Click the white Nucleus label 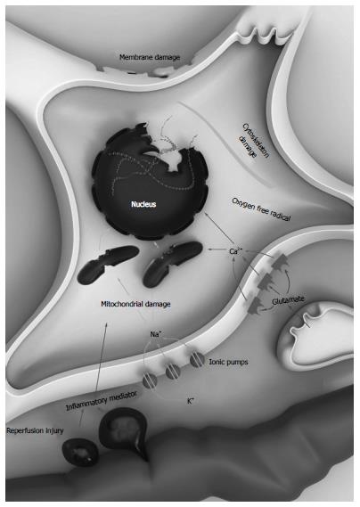coord(143,204)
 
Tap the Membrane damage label coord(150,57)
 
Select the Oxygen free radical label coord(261,209)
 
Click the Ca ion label coord(234,251)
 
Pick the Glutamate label coord(288,300)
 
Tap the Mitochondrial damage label coord(135,304)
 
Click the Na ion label coord(155,334)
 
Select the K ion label coord(191,401)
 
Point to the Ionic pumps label coord(228,362)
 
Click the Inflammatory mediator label coord(102,401)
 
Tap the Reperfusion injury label coord(35,430)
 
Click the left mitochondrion coord(108,265)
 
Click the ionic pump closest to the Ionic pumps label coord(197,360)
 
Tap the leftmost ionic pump coord(150,380)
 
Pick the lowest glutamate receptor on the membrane coord(255,306)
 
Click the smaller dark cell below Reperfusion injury coord(80,453)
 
